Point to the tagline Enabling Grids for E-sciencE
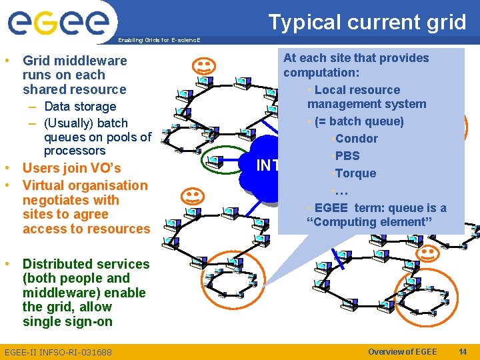[x=158, y=40]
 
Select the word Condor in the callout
[x=357, y=139]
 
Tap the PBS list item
[x=347, y=156]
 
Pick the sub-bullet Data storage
[x=79, y=107]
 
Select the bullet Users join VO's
[x=71, y=168]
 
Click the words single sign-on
[x=67, y=321]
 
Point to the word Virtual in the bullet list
[x=45, y=185]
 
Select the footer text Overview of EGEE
[x=402, y=352]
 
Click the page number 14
[x=462, y=352]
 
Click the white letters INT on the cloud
[x=267, y=165]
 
